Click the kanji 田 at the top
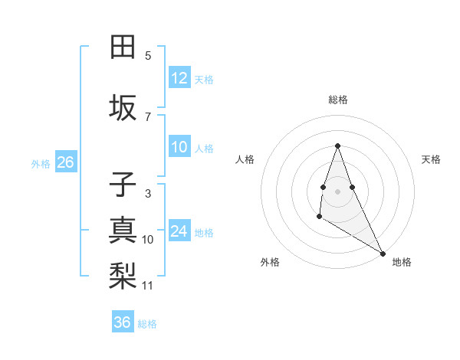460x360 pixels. coord(123,47)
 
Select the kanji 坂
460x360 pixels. coord(123,109)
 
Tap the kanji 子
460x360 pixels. coord(123,185)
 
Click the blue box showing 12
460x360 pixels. coord(179,78)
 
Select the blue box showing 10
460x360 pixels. coord(179,147)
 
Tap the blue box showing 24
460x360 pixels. coord(179,231)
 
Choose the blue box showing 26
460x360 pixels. coord(65,162)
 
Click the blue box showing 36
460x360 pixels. coord(123,322)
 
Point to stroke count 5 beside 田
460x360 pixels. coord(148,56)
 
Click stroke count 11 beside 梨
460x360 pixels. coord(148,286)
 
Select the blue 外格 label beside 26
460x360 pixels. coord(41,163)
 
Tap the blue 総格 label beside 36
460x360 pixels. coord(147,324)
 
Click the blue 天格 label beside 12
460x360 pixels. coord(204,79)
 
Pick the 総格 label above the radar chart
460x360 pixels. coord(337,100)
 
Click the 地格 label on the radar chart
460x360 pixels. coord(402,263)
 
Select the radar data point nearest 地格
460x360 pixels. coord(383,253)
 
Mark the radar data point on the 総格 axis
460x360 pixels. coord(337,146)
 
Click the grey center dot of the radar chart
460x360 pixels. coord(337,191)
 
